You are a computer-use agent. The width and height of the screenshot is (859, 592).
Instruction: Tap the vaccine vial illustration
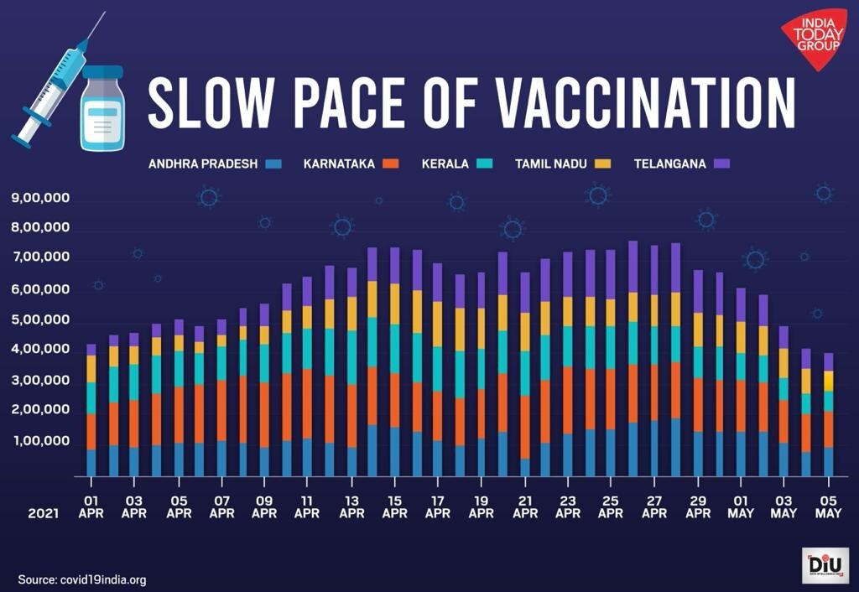pyautogui.click(x=102, y=109)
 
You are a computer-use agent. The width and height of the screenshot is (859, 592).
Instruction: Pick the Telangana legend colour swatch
pyautogui.click(x=721, y=164)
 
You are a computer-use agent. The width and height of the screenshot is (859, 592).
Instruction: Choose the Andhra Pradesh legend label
pyautogui.click(x=203, y=164)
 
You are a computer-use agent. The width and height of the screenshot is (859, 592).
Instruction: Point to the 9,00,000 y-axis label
pyautogui.click(x=40, y=199)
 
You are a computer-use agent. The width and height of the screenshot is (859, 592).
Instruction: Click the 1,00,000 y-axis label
pyautogui.click(x=40, y=441)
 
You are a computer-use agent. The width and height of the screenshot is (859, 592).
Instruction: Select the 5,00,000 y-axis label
pyautogui.click(x=40, y=320)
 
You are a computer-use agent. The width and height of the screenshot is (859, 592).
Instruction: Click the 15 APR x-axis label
pyautogui.click(x=394, y=506)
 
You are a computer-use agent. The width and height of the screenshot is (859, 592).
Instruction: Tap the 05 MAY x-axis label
pyautogui.click(x=828, y=506)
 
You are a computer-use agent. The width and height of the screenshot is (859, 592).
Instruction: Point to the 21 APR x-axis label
pyautogui.click(x=524, y=506)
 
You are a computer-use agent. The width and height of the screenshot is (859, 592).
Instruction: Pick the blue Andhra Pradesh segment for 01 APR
pyautogui.click(x=91, y=462)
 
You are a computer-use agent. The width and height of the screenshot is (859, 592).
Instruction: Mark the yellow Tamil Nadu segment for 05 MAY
pyautogui.click(x=828, y=381)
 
